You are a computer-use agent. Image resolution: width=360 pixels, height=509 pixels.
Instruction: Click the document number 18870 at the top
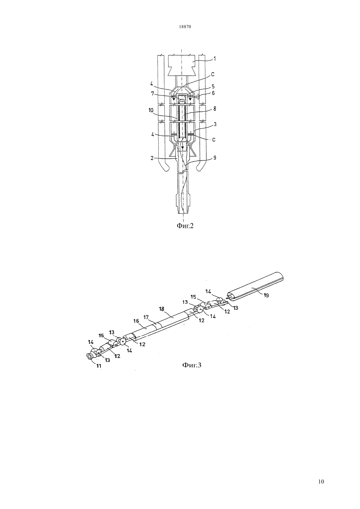[x=185, y=26]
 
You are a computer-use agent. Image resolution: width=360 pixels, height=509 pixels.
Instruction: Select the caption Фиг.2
[x=185, y=226]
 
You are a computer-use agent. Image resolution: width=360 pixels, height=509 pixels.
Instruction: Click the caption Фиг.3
[x=192, y=365]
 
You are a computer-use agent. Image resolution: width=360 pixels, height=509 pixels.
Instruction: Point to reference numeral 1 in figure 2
[x=215, y=59]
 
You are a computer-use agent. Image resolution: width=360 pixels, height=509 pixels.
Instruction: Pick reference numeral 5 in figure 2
[x=213, y=87]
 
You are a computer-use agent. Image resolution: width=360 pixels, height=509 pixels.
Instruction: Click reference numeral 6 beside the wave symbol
[x=213, y=93]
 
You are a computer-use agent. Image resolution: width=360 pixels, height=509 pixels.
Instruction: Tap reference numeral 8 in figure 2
[x=214, y=109]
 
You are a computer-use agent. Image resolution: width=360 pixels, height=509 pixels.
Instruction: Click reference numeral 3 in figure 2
[x=215, y=125]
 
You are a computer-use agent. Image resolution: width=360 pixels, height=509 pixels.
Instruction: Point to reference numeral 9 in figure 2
[x=215, y=158]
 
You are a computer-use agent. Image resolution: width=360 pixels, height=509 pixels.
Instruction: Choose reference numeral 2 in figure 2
[x=152, y=158]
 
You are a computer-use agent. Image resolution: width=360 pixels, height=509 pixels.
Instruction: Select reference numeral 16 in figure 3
[x=136, y=321]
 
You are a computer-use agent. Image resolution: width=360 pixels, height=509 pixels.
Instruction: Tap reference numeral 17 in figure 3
[x=146, y=317]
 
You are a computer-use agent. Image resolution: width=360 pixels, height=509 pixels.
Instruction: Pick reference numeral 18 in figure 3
[x=162, y=309]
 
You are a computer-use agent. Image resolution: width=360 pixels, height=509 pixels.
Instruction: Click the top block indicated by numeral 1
[x=181, y=65]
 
